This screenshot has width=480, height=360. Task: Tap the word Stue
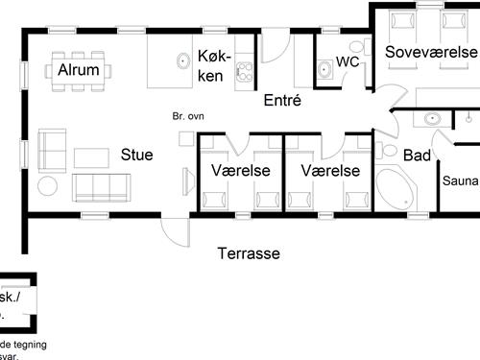137,154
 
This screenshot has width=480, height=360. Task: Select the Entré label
282,99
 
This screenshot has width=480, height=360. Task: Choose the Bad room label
417,156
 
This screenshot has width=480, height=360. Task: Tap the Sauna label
460,180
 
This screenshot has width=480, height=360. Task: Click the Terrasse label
248,253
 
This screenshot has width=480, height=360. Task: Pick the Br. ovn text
188,116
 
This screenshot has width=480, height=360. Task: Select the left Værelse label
239,171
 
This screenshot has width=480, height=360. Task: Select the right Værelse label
329,171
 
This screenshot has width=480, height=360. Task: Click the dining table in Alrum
83,71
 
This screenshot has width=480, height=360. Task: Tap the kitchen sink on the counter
181,61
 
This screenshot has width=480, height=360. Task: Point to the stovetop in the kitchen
244,70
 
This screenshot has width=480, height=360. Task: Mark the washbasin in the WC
324,67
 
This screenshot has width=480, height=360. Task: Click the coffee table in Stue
93,157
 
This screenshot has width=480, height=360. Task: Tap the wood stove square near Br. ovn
185,137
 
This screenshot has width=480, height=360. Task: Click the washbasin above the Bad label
432,119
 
